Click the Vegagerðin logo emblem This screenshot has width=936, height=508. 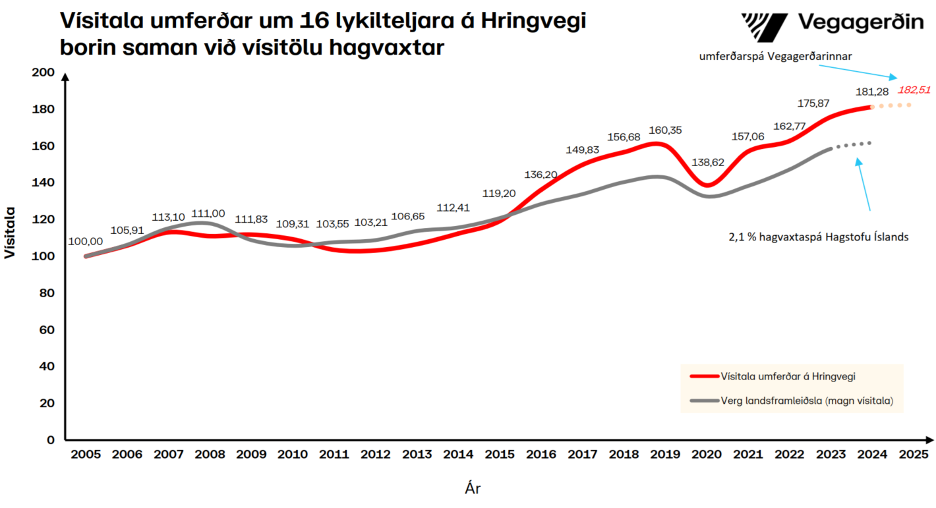coord(765,26)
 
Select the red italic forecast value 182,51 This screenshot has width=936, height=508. coord(914,90)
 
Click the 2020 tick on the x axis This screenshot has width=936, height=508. coord(709,455)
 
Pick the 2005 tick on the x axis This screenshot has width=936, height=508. coord(86,455)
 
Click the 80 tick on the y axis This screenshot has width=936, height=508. coord(46,293)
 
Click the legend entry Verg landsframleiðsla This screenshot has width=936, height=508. coord(807,400)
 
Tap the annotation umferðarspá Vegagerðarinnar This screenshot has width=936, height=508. coord(776,57)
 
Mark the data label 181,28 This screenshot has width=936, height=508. coord(871,92)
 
